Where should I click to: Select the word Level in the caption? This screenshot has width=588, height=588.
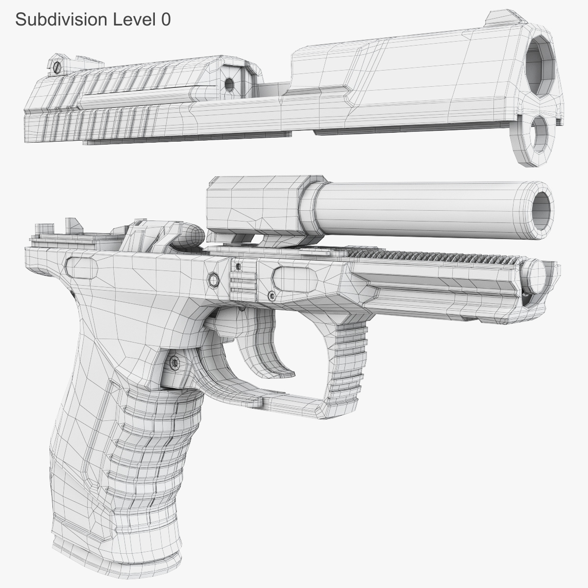(132, 19)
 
